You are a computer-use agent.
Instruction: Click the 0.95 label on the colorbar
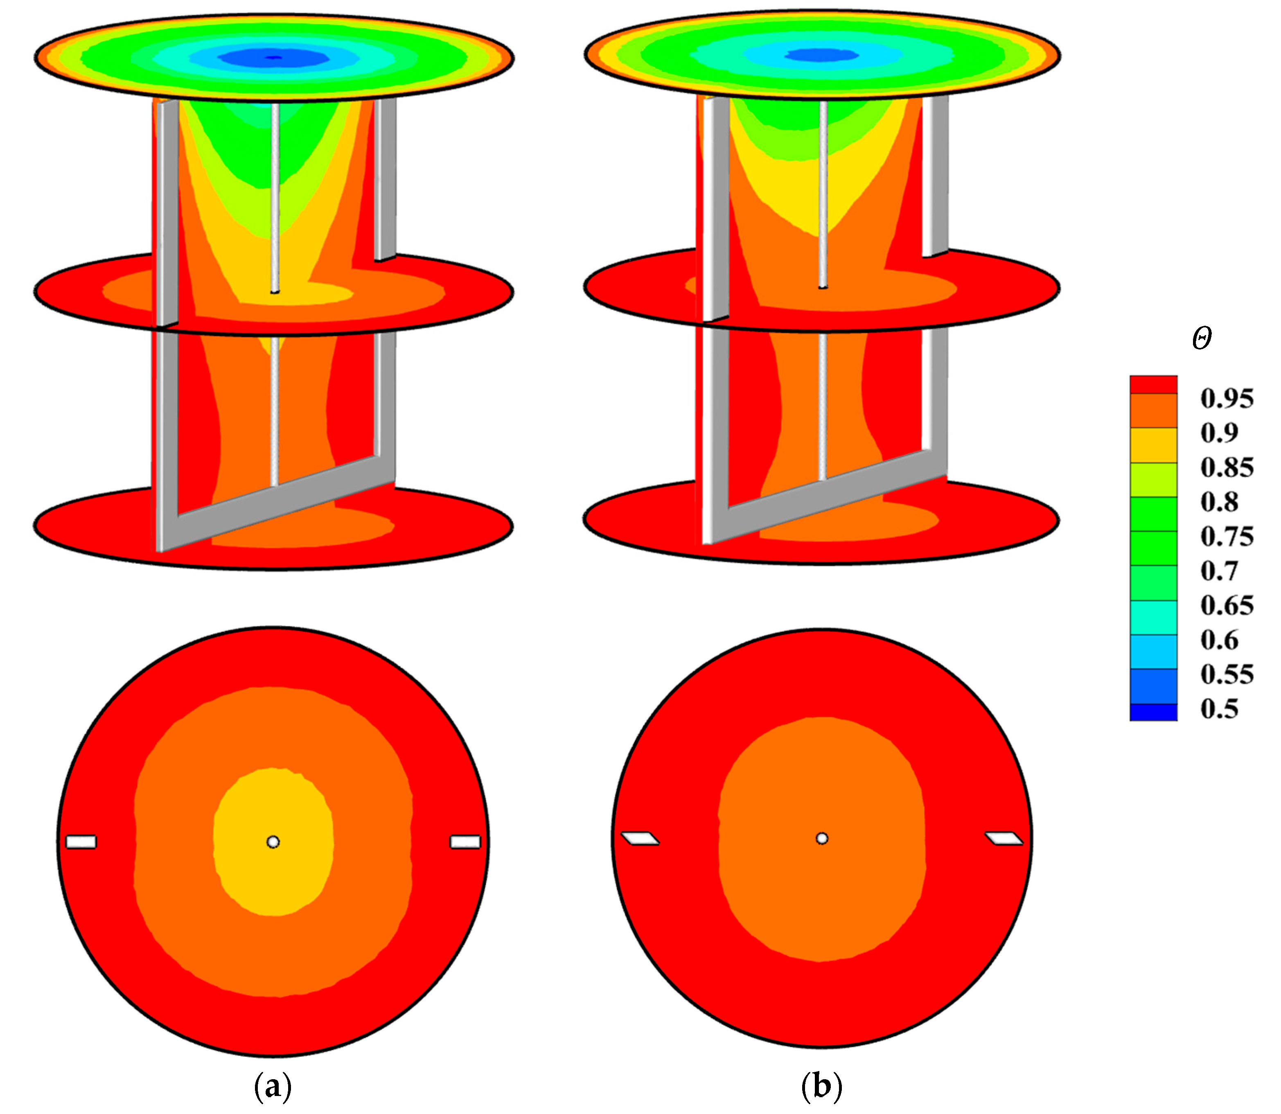coord(1226,399)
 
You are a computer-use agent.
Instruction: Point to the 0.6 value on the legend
coord(1219,640)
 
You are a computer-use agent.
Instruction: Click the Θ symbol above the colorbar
coord(1202,339)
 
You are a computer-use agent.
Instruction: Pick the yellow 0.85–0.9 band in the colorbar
coord(1153,445)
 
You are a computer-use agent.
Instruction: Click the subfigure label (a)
coord(273,1087)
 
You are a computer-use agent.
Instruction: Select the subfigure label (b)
coord(822,1087)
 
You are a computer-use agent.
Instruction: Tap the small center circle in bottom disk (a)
coord(273,842)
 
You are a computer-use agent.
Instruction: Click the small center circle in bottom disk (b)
coord(822,839)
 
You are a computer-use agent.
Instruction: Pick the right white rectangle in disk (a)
coord(465,842)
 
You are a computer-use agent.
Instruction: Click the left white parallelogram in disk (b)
coord(640,839)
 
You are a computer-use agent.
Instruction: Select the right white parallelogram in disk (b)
coord(1004,839)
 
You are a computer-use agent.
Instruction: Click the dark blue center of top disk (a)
coord(273,58)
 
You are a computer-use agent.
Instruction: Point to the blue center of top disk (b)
coord(822,55)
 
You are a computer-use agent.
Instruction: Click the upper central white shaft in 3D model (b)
coord(823,187)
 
